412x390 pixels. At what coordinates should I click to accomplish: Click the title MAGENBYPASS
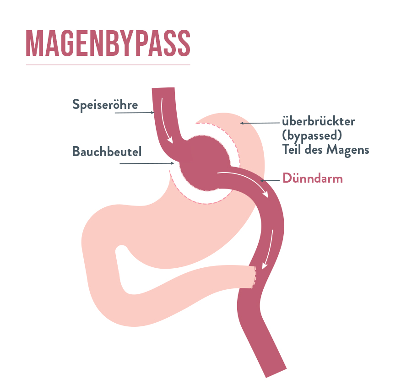click(x=108, y=43)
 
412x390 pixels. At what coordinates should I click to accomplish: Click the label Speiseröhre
click(x=105, y=105)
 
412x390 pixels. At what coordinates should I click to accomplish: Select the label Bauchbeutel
click(x=107, y=152)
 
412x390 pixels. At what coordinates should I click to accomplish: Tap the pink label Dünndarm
click(x=313, y=179)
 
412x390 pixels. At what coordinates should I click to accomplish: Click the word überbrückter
click(x=319, y=121)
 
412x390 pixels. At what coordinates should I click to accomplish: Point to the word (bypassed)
click(x=312, y=135)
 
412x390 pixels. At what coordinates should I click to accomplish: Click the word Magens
click(x=347, y=150)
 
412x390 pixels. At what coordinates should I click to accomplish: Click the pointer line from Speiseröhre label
click(x=135, y=113)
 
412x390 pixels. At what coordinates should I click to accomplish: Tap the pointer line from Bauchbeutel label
click(x=147, y=163)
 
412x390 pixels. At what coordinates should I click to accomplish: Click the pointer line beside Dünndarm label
click(x=270, y=181)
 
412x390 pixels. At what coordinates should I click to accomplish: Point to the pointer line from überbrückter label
click(x=260, y=123)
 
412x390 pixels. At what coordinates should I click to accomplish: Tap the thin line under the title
click(x=108, y=65)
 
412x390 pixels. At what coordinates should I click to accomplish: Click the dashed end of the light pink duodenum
click(x=254, y=277)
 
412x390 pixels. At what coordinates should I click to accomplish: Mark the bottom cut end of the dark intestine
click(x=276, y=373)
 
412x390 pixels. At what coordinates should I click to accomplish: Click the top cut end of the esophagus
click(x=163, y=88)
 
